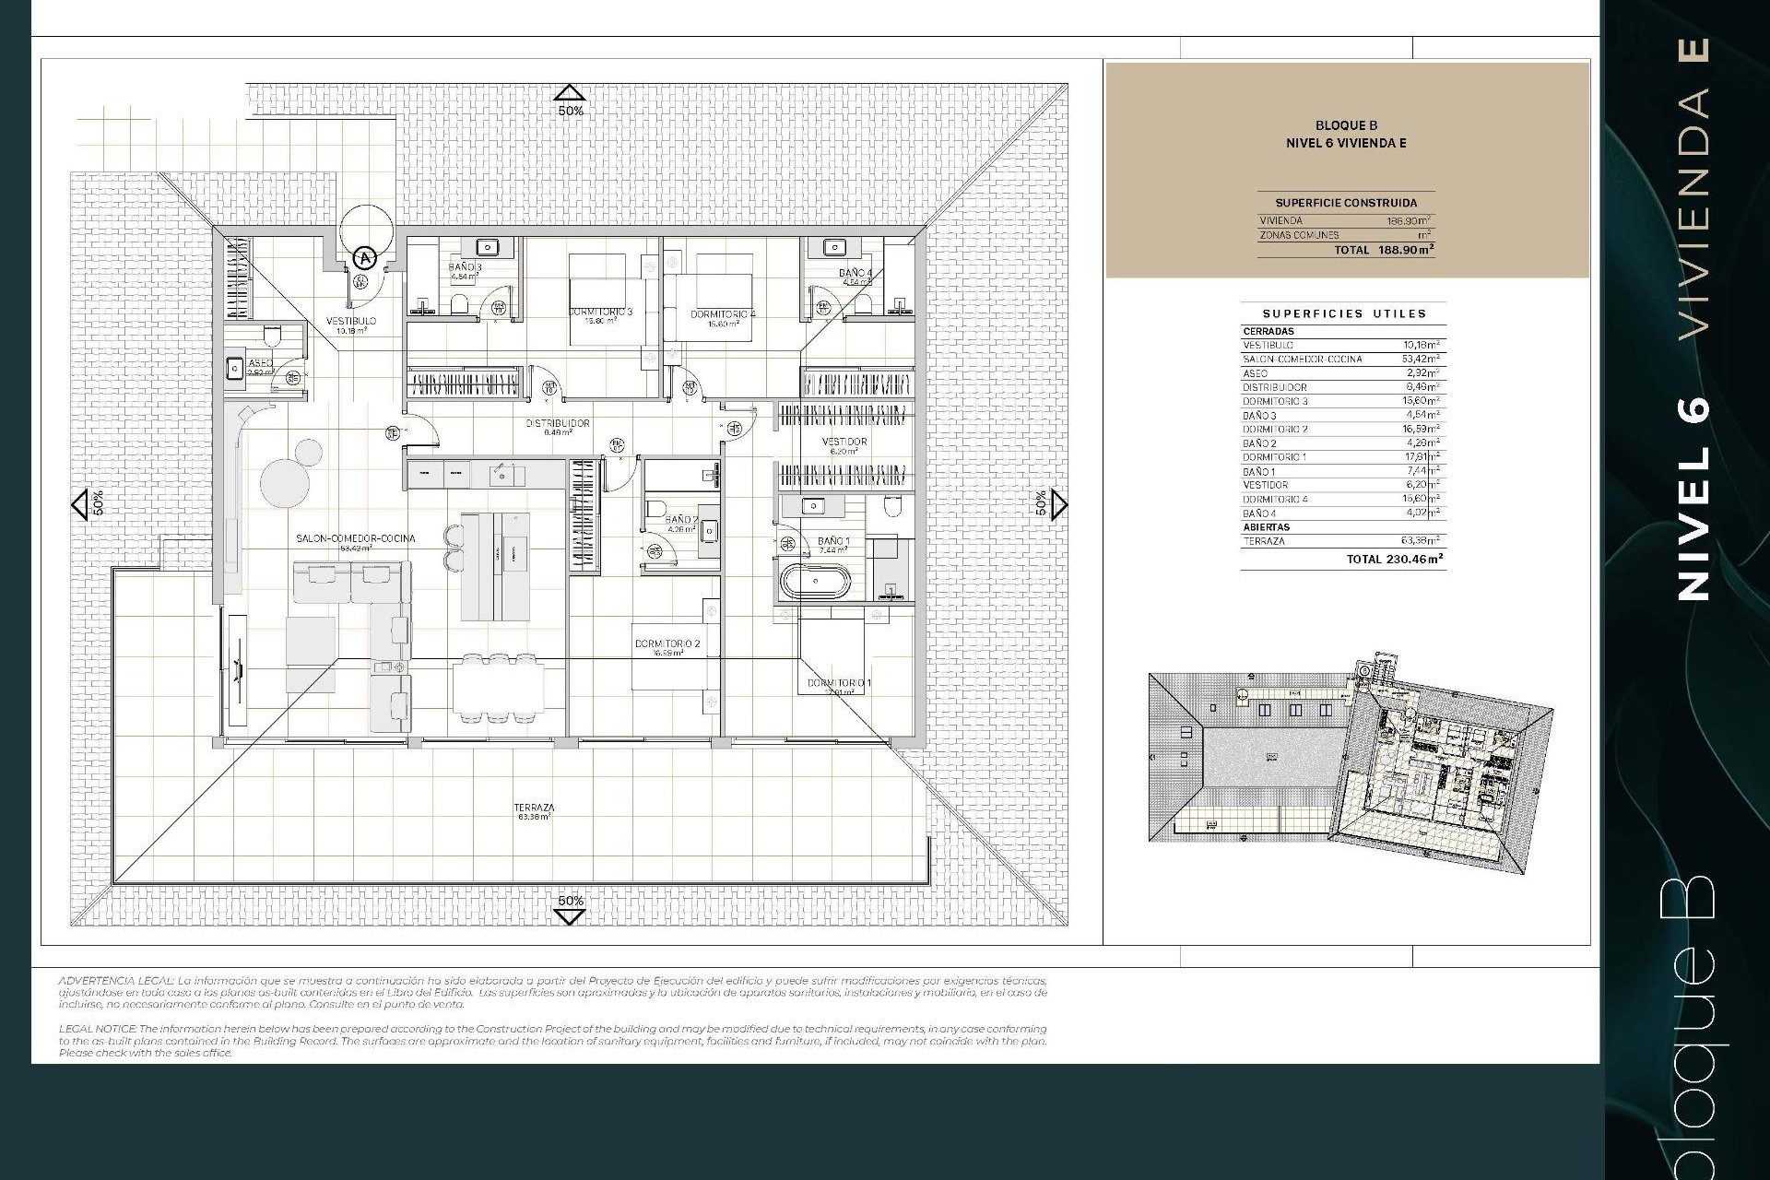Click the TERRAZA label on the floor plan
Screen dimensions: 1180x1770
coord(534,808)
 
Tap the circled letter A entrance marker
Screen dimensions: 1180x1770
coord(366,257)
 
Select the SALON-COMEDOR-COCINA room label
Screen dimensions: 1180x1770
coord(355,538)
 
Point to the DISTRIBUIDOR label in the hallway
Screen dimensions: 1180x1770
coord(557,424)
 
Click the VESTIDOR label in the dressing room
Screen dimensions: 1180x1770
coord(844,442)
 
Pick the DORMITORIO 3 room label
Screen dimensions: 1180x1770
coord(600,312)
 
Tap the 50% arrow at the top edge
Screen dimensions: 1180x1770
coord(570,92)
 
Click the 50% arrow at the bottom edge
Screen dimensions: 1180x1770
coord(570,915)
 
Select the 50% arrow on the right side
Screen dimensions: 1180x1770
coord(1058,503)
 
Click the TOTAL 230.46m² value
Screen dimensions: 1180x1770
coord(1394,559)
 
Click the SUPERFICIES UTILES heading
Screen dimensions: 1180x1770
coord(1344,313)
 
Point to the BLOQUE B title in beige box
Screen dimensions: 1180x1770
coord(1346,125)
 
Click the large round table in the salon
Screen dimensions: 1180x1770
coord(278,481)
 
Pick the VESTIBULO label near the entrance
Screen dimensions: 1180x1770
coord(351,321)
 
